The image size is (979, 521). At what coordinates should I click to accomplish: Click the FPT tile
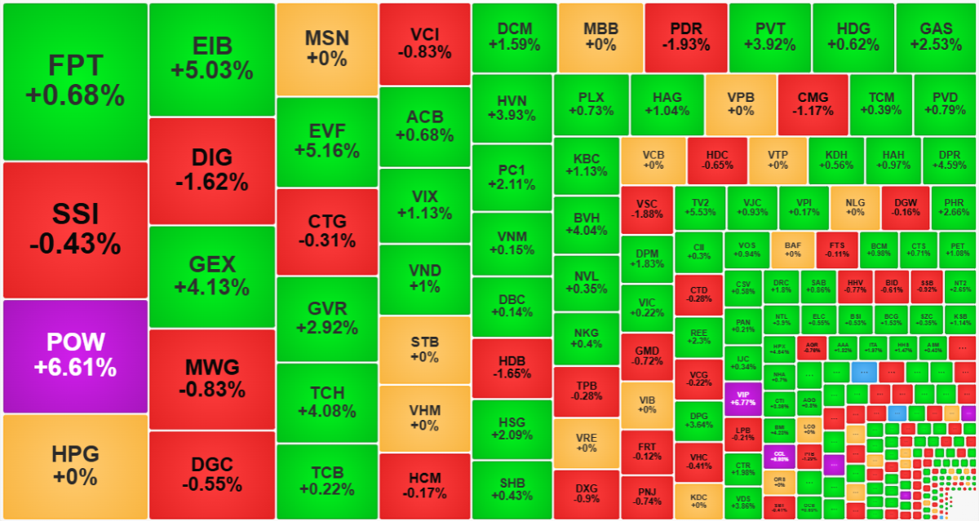pyautogui.click(x=75, y=82)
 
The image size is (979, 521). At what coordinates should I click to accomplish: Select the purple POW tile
pyautogui.click(x=75, y=355)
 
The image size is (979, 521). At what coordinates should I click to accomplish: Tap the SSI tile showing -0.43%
pyautogui.click(x=75, y=230)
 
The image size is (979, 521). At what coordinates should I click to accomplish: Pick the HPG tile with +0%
pyautogui.click(x=75, y=466)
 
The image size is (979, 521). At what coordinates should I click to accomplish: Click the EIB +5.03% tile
pyautogui.click(x=212, y=59)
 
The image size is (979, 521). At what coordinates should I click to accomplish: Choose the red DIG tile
pyautogui.click(x=212, y=170)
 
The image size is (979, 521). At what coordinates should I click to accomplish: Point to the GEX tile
pyautogui.click(x=212, y=276)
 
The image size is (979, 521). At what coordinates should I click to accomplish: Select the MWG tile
pyautogui.click(x=212, y=378)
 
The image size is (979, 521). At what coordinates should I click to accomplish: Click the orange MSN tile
pyautogui.click(x=326, y=49)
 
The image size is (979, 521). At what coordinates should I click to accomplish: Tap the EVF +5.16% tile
pyautogui.click(x=326, y=141)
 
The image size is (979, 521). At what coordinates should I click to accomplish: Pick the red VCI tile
pyautogui.click(x=424, y=42)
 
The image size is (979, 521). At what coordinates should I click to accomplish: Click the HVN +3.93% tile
pyautogui.click(x=512, y=108)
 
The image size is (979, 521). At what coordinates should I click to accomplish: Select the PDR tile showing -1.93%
pyautogui.click(x=685, y=37)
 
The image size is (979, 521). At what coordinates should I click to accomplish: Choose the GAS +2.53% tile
pyautogui.click(x=935, y=37)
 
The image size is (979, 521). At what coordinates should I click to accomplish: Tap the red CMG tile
pyautogui.click(x=813, y=104)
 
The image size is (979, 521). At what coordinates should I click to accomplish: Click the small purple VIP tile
pyautogui.click(x=742, y=398)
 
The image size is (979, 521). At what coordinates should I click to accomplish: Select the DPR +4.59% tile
pyautogui.click(x=949, y=160)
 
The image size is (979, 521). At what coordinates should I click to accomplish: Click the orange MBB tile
pyautogui.click(x=600, y=37)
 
